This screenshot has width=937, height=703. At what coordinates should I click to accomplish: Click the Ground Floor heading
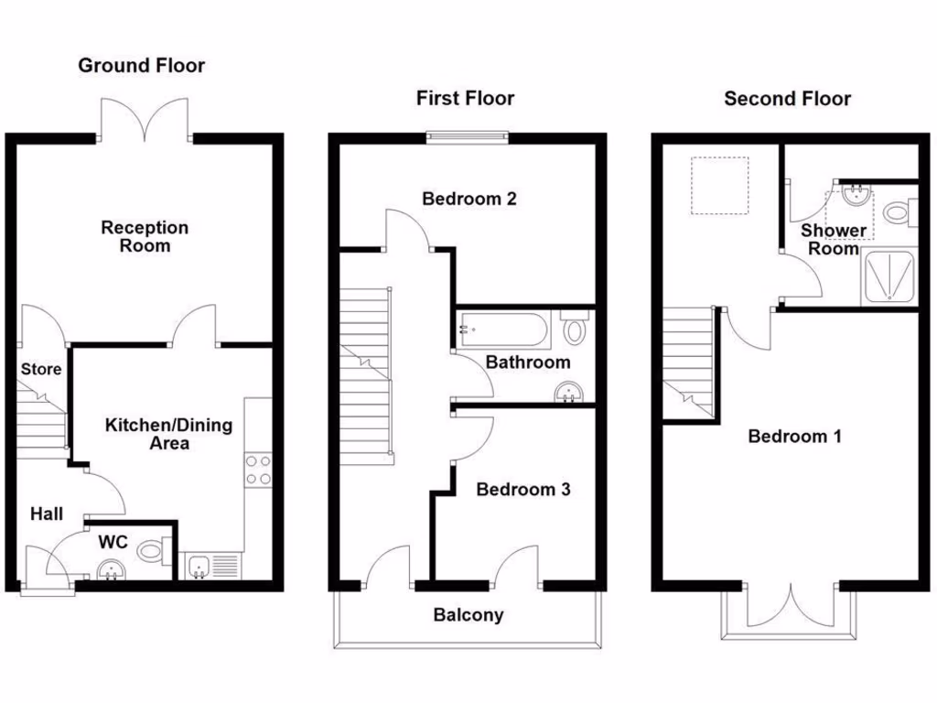tap(141, 65)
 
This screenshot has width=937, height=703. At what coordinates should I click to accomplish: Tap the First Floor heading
tap(465, 98)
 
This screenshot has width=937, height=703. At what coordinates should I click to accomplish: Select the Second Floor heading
tap(787, 98)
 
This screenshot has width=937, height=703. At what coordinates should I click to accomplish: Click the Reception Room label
tap(145, 236)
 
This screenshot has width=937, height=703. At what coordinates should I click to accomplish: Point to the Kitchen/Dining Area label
tap(168, 434)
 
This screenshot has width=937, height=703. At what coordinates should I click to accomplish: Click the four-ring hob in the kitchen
tap(257, 470)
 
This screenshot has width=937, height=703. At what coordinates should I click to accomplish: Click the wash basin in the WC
tap(113, 569)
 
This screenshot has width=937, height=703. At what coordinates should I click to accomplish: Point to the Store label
tap(41, 369)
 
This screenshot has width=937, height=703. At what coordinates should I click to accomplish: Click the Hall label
tap(46, 515)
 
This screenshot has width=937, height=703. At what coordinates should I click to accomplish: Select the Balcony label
tap(468, 615)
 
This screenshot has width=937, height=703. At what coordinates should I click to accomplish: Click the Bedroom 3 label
tap(523, 490)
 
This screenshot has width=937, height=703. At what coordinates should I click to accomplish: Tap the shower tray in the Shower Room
tap(888, 276)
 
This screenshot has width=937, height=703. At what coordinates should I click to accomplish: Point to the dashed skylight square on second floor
tap(719, 185)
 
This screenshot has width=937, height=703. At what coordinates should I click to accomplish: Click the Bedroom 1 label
tap(794, 436)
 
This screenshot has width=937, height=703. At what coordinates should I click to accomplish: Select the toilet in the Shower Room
tap(899, 213)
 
